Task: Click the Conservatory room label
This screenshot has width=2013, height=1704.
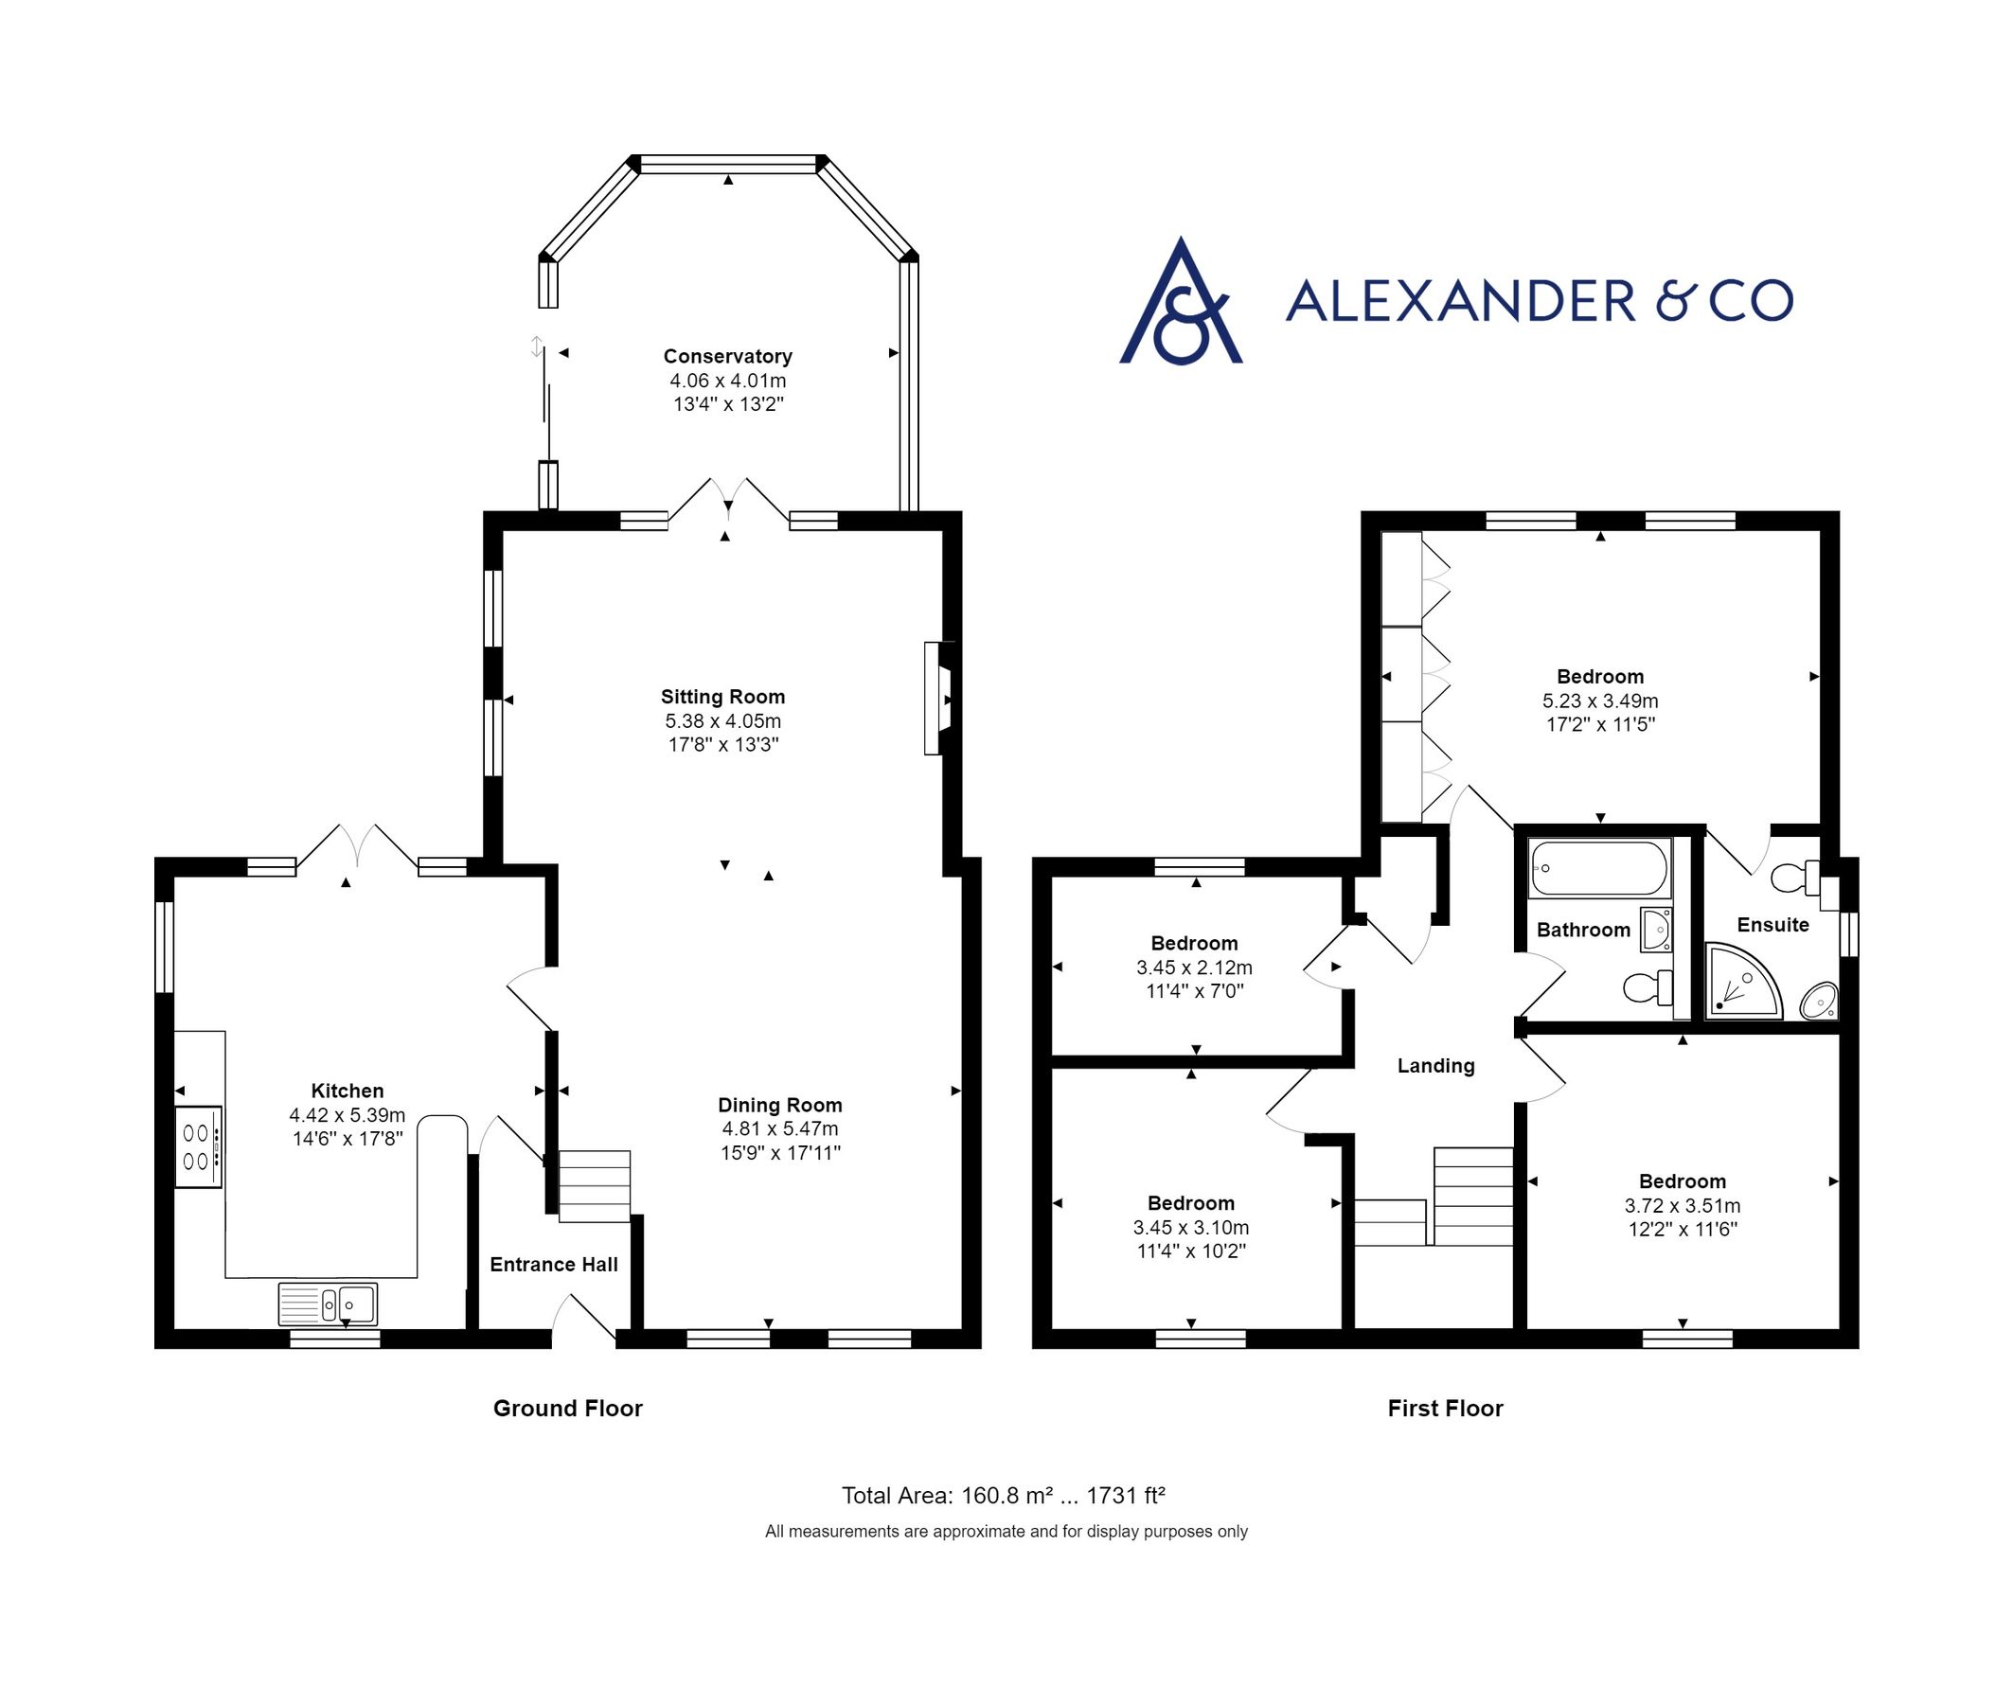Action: (727, 357)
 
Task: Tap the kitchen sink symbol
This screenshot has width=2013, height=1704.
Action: (328, 1305)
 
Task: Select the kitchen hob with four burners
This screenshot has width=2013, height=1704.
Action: (198, 1146)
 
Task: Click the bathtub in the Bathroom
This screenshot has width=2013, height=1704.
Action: (1599, 867)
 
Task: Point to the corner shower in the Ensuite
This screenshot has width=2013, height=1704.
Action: (1741, 983)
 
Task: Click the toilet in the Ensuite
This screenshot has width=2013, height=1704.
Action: (1796, 879)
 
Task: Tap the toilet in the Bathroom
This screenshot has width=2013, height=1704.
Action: (1647, 987)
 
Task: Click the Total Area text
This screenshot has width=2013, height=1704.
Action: (1003, 1496)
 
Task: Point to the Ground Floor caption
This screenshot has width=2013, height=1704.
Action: (567, 1409)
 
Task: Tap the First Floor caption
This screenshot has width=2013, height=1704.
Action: (1445, 1409)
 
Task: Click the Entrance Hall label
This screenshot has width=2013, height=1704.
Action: (554, 1265)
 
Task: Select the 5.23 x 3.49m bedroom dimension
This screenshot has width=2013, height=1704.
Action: (1599, 701)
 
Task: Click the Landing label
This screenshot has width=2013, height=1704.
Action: (1435, 1066)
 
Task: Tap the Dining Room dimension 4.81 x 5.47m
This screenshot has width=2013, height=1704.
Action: (779, 1128)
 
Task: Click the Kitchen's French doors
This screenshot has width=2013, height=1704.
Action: (357, 847)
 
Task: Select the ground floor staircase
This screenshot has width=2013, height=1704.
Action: (594, 1185)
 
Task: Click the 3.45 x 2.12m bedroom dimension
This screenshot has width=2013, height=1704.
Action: (1194, 967)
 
